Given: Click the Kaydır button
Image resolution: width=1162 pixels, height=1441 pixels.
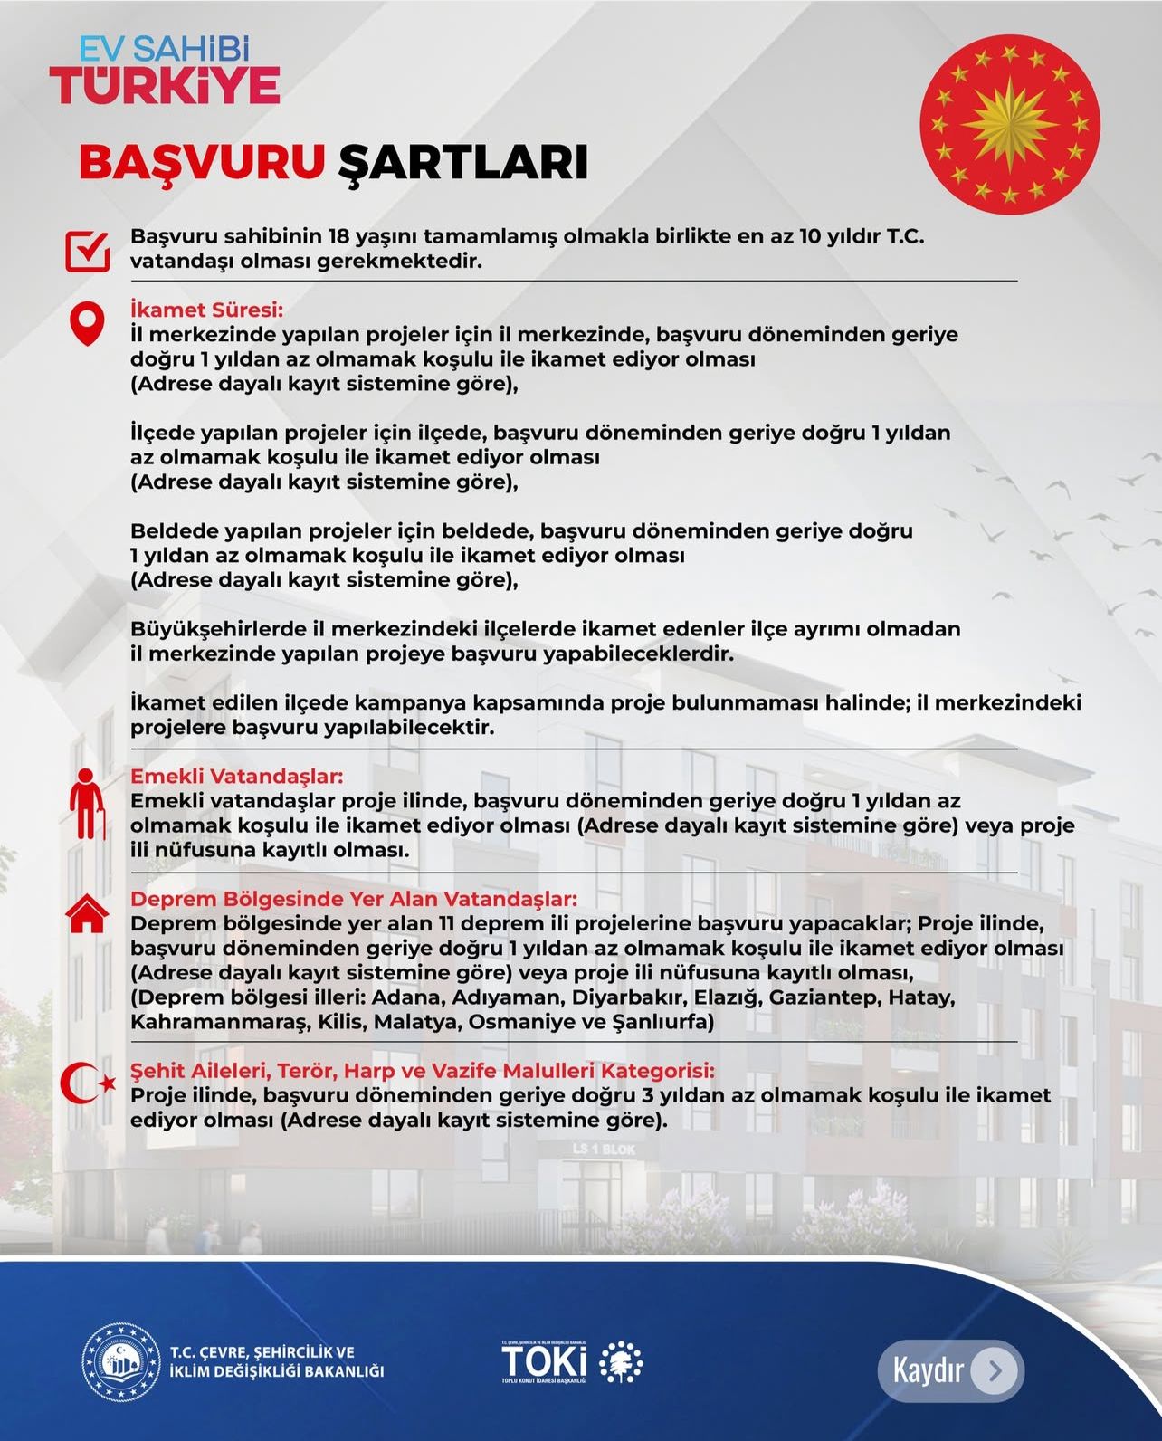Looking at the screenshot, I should pos(950,1370).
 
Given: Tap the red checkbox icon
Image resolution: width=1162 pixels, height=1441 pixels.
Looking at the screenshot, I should pos(88,251).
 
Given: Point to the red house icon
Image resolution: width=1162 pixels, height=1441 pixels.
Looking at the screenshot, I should pos(87,914).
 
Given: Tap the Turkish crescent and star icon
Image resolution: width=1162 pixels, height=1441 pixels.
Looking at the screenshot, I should pos(88,1083).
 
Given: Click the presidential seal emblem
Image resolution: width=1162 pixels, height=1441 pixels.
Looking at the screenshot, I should pos(1010,124).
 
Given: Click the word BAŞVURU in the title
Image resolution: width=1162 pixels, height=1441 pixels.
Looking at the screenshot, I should pos(202,162).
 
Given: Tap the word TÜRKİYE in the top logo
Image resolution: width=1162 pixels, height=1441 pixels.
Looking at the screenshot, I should pos(165,85).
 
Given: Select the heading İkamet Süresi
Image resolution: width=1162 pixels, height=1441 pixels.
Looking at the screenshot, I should pos(207,310).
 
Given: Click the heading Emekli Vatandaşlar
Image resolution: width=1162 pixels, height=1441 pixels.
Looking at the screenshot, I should pos(237,777).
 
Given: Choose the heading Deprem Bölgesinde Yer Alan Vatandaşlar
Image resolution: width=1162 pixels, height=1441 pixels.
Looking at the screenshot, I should pos(354,899).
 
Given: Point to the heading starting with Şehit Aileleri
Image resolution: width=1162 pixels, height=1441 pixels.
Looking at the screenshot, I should pos(423,1071).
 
